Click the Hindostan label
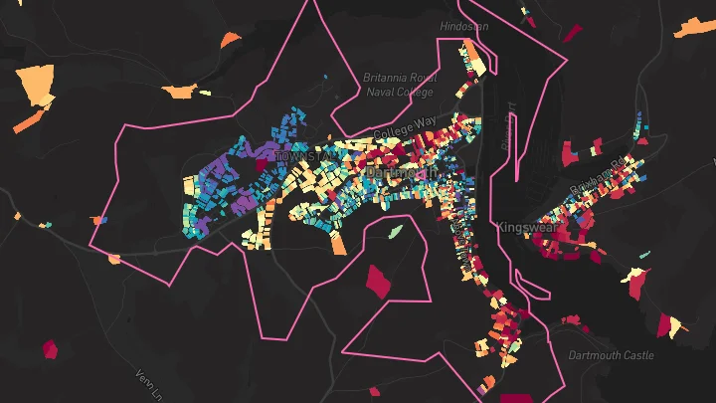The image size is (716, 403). coord(464,27)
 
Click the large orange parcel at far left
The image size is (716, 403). coord(36,85)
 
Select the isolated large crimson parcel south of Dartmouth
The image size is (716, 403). coord(379,281)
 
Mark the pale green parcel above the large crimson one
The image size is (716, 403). coord(396,232)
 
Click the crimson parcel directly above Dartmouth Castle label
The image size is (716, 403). coord(571,319)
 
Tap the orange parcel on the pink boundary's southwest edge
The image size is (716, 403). coord(114,259)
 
